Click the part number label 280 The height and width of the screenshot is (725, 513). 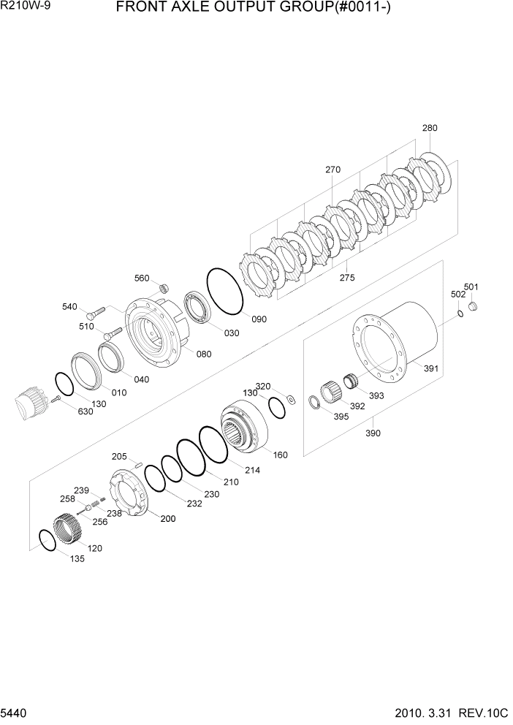[x=430, y=128]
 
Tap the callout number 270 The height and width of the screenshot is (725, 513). [x=333, y=170]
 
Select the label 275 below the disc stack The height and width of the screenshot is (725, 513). [x=347, y=278]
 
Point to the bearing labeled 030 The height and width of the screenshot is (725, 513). [x=198, y=308]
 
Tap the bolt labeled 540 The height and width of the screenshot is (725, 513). [x=99, y=310]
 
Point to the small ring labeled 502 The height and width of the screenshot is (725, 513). [x=460, y=314]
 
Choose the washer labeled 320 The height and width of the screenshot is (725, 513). [x=290, y=398]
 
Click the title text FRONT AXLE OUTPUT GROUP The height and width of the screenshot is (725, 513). [x=249, y=10]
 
